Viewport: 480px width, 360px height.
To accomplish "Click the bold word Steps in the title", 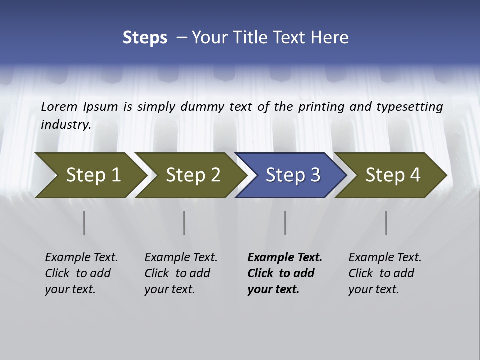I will (145, 37).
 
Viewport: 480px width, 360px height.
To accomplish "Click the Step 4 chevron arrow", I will (391, 175).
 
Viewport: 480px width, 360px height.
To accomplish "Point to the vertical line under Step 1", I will (84, 223).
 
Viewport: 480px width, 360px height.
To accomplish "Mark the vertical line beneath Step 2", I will (184, 223).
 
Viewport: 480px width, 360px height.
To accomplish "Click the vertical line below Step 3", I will (285, 223).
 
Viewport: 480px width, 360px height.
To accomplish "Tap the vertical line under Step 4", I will (386, 223).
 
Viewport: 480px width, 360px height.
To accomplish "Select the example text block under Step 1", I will (81, 273).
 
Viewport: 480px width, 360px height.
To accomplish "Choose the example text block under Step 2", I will (181, 273).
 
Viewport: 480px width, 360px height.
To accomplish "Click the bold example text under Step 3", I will (284, 273).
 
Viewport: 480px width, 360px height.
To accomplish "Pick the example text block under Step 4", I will (385, 273).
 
